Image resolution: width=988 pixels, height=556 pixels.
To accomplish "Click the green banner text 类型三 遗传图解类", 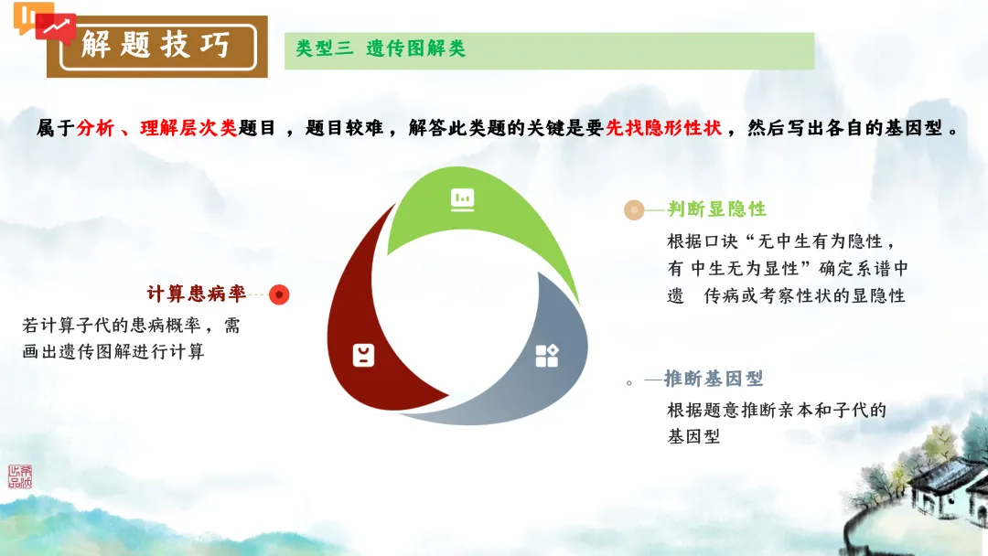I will point(381,49).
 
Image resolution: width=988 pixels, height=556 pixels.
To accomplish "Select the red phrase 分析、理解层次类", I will point(156,128).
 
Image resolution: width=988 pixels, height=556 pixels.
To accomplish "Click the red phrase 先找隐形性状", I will point(663,128).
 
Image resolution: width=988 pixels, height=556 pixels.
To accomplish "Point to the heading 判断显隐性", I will point(716,209).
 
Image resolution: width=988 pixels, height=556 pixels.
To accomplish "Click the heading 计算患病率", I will point(197,294).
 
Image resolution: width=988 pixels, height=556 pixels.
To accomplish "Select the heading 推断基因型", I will point(714,379).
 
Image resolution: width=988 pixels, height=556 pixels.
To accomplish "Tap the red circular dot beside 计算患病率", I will point(280,294).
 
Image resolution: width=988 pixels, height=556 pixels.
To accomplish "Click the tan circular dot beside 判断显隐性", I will point(633,210).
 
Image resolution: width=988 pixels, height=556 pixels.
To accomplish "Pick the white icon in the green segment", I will point(462,199).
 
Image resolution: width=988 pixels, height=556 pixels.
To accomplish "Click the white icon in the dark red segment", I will point(363,355).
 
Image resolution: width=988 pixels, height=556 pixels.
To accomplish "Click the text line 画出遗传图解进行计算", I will point(113,351).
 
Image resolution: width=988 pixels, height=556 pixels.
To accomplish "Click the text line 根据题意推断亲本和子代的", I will point(777,410).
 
